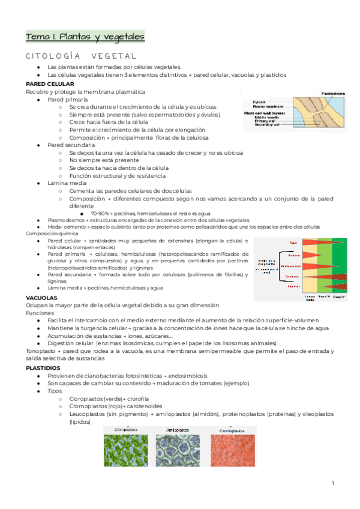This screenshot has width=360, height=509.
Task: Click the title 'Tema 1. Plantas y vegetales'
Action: tap(85, 37)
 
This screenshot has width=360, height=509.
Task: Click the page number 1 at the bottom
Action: tap(333, 483)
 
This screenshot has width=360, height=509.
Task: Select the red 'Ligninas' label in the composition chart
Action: tap(293, 286)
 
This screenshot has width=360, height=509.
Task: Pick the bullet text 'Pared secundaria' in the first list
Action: tap(71, 145)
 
